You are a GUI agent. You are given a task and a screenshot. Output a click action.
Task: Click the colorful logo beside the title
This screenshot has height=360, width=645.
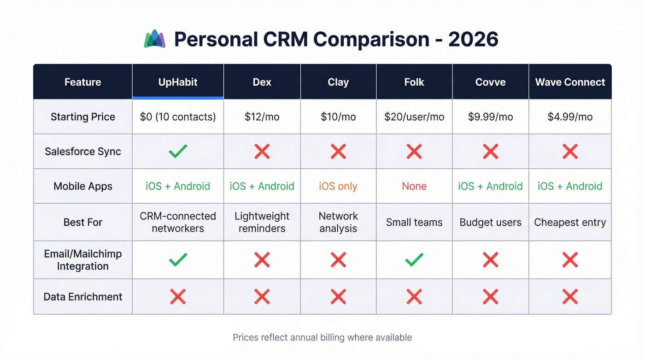[x=155, y=39]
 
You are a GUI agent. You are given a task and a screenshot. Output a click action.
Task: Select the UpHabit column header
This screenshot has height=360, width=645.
[x=178, y=82]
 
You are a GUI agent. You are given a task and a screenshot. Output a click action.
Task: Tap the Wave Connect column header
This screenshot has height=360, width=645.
[x=570, y=82]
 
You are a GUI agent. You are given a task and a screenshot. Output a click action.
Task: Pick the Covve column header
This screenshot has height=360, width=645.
[x=490, y=82]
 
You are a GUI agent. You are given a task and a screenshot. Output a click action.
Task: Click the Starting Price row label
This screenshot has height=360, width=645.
[x=83, y=117]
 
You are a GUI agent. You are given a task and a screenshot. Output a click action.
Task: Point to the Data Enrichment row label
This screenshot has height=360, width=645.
[x=83, y=296]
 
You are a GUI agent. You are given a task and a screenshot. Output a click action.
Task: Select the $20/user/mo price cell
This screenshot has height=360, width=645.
[x=414, y=117]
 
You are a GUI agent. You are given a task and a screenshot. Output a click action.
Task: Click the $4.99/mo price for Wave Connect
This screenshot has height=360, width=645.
[x=570, y=117]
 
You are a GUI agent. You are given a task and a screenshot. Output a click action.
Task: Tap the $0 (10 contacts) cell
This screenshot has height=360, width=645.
[x=178, y=117]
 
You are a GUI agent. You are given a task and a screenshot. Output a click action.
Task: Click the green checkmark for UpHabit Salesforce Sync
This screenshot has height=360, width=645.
[x=178, y=151]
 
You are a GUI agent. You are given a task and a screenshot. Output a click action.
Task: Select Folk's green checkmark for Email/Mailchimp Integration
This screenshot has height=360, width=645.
[x=414, y=260]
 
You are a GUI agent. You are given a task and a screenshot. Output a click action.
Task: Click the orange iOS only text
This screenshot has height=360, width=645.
[x=338, y=186]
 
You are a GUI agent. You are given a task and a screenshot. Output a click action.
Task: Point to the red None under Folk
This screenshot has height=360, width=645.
[x=414, y=186]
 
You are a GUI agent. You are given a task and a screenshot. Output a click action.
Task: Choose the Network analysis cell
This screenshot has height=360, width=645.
[x=338, y=222]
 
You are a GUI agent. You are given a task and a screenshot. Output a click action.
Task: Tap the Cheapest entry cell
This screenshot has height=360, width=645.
[x=570, y=222]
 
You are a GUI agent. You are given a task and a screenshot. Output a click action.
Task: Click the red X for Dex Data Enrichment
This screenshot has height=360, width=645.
[x=262, y=296]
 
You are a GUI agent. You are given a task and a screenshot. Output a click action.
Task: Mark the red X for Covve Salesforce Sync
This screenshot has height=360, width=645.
[x=490, y=151]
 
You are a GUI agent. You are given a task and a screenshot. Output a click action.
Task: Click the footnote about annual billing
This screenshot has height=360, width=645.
[x=322, y=337]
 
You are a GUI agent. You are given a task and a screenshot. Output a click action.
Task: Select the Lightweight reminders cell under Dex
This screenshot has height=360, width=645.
[x=262, y=222]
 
